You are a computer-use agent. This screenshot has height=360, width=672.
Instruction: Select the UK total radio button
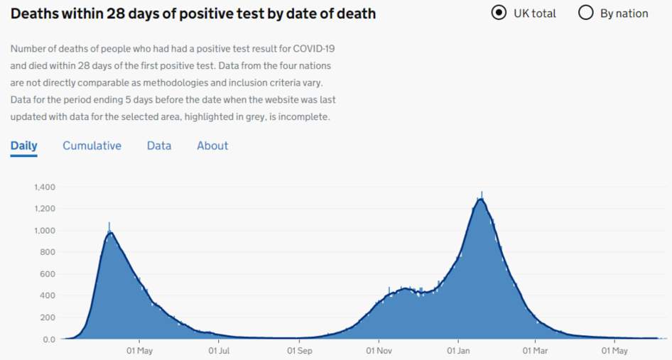pos(499,13)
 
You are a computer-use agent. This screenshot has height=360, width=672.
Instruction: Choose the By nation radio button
pos(586,13)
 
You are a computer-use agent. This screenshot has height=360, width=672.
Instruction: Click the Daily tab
pos(23,146)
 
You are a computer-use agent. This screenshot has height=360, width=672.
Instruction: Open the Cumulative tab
pos(92,146)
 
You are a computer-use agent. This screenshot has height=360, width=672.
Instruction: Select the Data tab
pos(159,146)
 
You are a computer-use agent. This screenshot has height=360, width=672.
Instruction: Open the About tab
pos(212,146)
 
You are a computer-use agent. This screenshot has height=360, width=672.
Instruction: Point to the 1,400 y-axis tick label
pos(45,187)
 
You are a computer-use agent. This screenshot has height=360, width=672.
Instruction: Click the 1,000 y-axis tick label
pos(45,231)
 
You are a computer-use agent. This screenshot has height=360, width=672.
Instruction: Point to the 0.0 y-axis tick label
pos(48,339)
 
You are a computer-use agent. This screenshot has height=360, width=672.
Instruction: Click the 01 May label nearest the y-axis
pos(139,351)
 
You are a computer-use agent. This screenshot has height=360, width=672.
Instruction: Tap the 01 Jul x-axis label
pos(220,351)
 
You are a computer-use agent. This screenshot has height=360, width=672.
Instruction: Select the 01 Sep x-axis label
pos(300,351)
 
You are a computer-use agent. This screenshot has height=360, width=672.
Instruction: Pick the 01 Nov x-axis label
pos(379,351)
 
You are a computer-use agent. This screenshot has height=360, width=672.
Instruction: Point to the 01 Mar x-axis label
pos(535,351)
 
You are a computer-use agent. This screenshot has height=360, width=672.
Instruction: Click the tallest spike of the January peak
pos(482,193)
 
